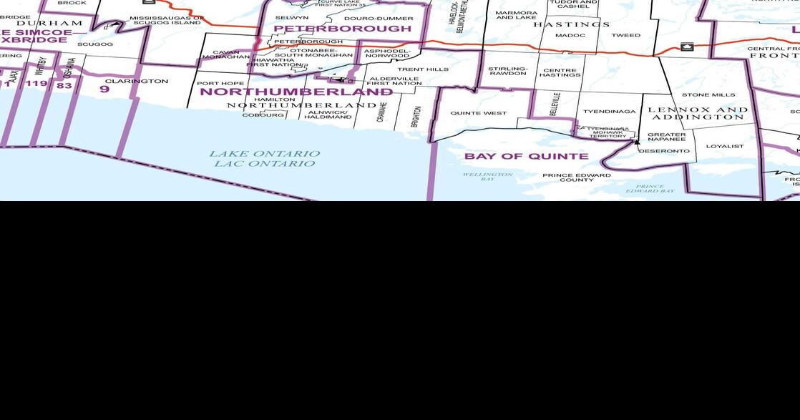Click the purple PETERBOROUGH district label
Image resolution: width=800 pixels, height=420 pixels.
342,29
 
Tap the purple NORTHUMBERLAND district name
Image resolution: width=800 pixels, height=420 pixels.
296,92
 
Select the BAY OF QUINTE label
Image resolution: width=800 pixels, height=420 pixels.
526,156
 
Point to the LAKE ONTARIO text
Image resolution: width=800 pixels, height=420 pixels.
264,154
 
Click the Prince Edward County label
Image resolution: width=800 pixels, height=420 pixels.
576,177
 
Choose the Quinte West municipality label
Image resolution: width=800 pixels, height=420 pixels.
478,113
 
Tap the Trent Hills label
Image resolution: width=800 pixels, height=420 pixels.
423,69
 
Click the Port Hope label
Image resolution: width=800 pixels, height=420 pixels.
220,83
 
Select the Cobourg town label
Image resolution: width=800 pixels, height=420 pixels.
263,114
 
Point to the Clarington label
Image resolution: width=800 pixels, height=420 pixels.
136,81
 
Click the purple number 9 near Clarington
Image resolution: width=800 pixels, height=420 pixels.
104,89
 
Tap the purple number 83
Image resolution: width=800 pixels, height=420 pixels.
64,86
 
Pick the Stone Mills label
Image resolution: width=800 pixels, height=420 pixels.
708,94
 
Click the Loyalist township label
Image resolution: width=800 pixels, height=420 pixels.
724,146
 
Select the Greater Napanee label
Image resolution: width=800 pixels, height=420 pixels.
666,137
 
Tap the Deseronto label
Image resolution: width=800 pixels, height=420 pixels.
664,151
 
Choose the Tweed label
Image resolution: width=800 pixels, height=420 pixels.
625,35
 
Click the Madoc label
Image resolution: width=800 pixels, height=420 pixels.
570,35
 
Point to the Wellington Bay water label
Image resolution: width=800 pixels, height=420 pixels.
487,176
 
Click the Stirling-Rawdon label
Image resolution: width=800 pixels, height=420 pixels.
507,71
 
